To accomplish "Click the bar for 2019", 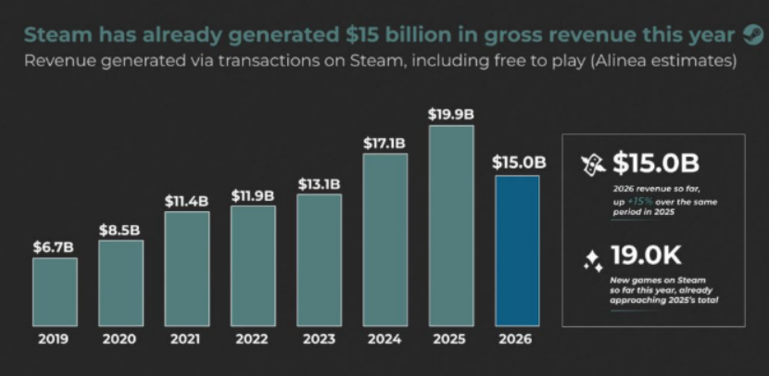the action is point(55,292).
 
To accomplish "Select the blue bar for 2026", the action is point(517,251).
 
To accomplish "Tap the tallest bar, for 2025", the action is point(451,226).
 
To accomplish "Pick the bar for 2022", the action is point(253,266).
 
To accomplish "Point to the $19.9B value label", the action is point(451,115).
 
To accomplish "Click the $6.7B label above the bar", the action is point(54,247).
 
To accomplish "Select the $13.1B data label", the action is point(320,184).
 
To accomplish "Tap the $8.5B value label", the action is point(120,230).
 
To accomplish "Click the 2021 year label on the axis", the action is point(185,339).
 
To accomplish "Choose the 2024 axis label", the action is point(384,339).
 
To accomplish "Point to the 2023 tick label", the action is point(319,339).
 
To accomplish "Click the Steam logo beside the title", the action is point(753,35).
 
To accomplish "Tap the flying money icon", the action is point(592,165).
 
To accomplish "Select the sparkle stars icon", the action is point(593,261).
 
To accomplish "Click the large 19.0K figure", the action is point(646,256).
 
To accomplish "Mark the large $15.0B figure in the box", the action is point(656,163).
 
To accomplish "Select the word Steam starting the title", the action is point(57,35).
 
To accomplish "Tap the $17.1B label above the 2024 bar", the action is point(384,144).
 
